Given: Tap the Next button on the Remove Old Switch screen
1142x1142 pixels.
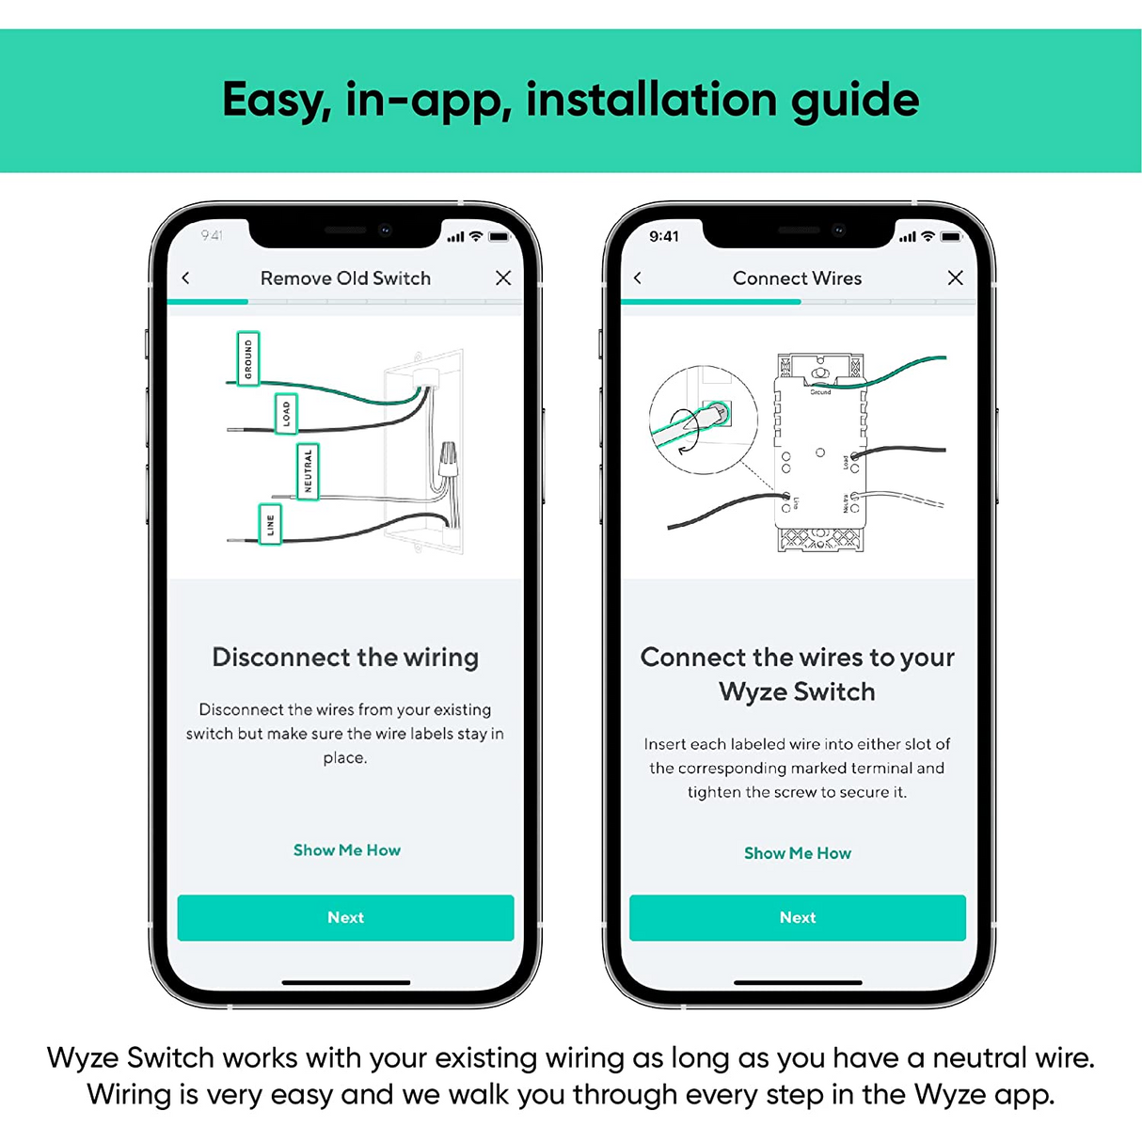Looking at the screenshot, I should tap(345, 917).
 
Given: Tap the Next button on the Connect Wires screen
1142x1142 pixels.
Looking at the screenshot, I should tap(797, 917).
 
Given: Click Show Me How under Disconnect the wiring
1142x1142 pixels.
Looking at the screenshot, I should tap(346, 850).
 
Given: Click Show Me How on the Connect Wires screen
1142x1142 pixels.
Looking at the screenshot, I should tap(797, 853).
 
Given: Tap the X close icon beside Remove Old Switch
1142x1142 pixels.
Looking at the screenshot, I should tap(503, 278).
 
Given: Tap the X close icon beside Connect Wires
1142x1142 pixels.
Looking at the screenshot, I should tap(955, 278).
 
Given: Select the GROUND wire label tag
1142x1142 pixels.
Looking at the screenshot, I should tap(248, 358).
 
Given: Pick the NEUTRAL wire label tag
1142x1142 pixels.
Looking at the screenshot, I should tap(308, 470).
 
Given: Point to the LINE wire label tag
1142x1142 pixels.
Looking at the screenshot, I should tap(270, 525).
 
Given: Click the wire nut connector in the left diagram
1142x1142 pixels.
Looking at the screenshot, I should tap(448, 460).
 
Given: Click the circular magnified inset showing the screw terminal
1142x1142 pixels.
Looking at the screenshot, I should tap(703, 420).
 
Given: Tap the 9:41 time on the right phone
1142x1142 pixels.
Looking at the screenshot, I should tap(664, 236).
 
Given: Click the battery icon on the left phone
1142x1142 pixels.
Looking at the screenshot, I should tap(500, 236).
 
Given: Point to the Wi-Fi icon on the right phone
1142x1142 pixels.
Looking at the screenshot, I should tap(928, 236).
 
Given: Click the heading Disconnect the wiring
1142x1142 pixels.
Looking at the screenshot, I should tap(345, 657).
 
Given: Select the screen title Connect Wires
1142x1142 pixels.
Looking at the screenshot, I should tap(797, 278).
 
